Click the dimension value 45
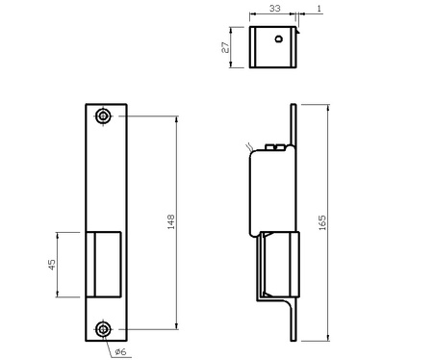pyautogui.click(x=52, y=264)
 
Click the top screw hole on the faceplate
pyautogui.click(x=103, y=116)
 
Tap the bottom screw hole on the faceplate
pyautogui.click(x=103, y=329)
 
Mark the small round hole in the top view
pyautogui.click(x=278, y=39)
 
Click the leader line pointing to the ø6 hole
pyautogui.click(x=111, y=342)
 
